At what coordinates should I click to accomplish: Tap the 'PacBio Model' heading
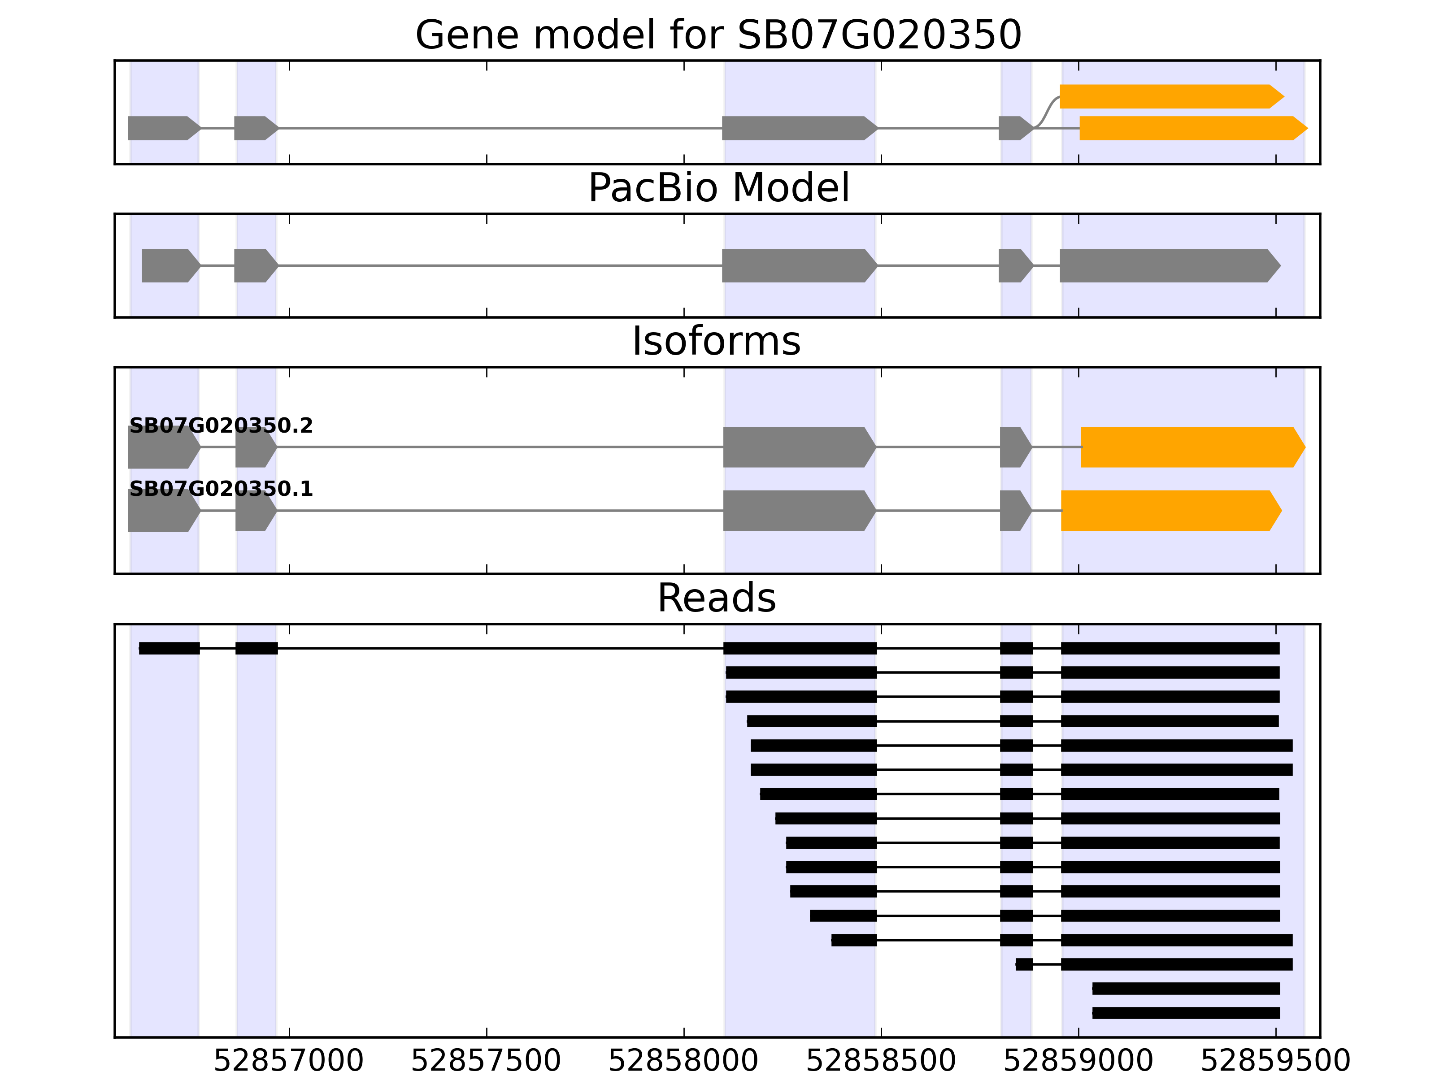click(x=718, y=188)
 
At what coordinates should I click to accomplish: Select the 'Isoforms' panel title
click(x=716, y=341)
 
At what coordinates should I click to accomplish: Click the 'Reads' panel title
click(x=716, y=598)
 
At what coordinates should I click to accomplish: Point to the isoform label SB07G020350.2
click(x=221, y=426)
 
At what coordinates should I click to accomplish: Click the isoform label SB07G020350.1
click(x=221, y=489)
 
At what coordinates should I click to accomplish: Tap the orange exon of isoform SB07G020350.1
click(x=1168, y=511)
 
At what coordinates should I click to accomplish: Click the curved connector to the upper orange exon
click(x=1046, y=112)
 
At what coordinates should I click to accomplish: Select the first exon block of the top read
click(x=170, y=648)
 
